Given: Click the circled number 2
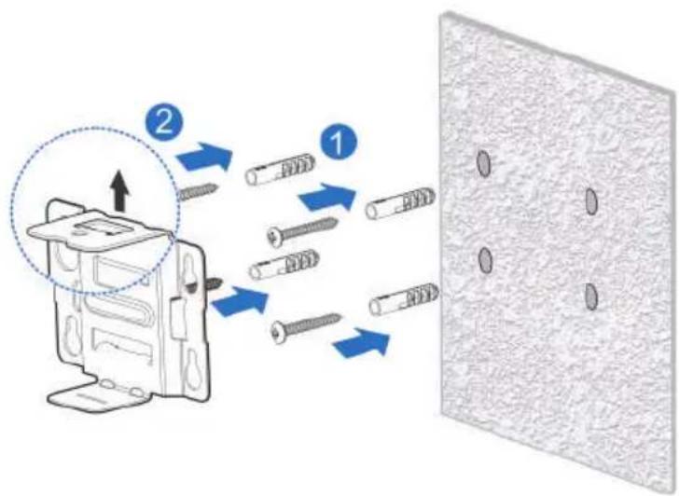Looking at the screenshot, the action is click(164, 123).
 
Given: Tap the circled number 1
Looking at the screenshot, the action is click(339, 143).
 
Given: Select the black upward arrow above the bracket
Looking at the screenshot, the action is click(120, 189).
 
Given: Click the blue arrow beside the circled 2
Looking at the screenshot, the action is click(203, 157).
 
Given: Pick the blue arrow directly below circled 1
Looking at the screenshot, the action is click(328, 197).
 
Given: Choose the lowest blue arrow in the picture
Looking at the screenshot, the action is click(361, 342).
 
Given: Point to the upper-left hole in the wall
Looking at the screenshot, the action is click(484, 163).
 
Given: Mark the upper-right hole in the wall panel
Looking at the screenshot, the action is click(591, 200).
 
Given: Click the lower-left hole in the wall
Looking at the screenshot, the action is click(485, 260).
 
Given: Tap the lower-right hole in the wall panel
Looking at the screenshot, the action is click(590, 296).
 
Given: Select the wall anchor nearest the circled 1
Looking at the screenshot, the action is click(280, 169).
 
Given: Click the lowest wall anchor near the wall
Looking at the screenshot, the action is click(404, 300).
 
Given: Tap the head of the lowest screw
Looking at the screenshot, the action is click(278, 333).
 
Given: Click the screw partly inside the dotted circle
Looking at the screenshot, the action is click(197, 192).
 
